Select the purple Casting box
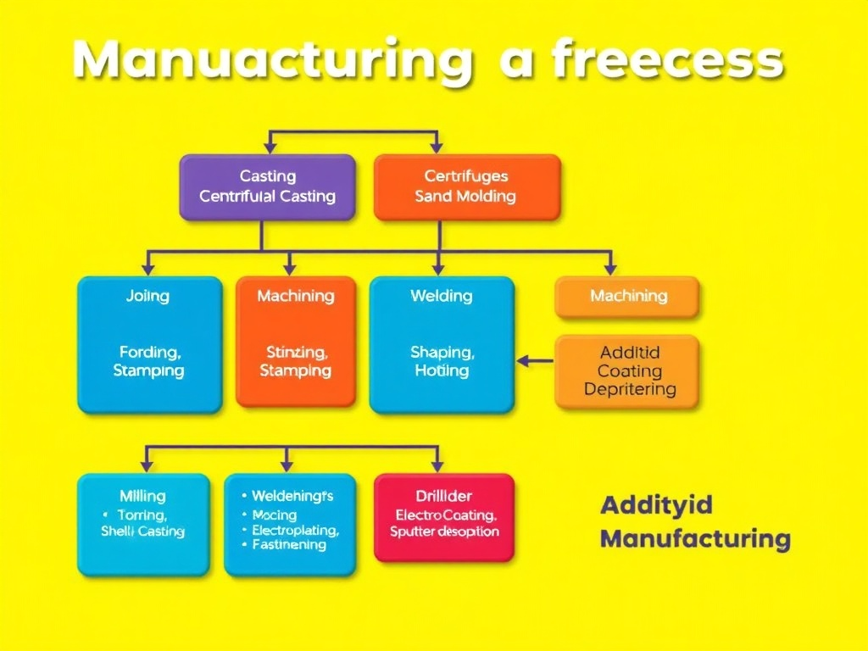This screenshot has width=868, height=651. coord(267,187)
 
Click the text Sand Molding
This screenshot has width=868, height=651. coord(465,196)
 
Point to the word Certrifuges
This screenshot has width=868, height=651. coord(465,176)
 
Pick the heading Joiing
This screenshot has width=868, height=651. coord(147,296)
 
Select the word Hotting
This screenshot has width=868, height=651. coord(442,370)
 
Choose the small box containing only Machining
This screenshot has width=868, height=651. coord(628,296)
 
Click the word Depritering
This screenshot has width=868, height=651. coord(630,390)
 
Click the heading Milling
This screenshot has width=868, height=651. coord(142,496)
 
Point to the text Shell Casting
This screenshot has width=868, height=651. coord(142,531)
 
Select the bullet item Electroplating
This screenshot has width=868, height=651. coord(295,531)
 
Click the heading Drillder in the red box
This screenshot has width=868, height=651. coord(443,496)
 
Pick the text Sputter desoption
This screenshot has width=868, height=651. coord(444,531)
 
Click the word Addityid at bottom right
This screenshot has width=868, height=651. coord(656,506)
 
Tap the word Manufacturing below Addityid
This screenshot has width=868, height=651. coord(695,538)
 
